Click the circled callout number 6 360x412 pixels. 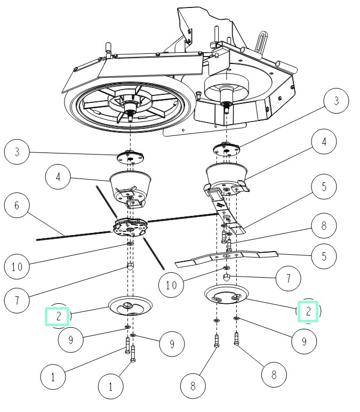coord(17,205)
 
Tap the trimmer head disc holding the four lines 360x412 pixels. coord(130,227)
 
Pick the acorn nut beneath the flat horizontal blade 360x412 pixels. coord(227,278)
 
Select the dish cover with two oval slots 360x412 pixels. coord(227,294)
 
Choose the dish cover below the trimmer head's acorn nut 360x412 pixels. coord(130,306)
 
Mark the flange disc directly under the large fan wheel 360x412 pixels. coord(130,158)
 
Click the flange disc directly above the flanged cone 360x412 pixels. coord(227,149)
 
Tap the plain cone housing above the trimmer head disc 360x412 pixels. coord(130,187)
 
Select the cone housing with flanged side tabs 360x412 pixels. coord(227,179)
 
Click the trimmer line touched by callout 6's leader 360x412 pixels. coord(73,236)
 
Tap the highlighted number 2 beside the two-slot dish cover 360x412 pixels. coord(308,311)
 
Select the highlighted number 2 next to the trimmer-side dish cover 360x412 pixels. coord(57,317)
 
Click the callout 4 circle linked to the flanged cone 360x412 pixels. coord(324,142)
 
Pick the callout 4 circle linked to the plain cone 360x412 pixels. coord(58,176)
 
